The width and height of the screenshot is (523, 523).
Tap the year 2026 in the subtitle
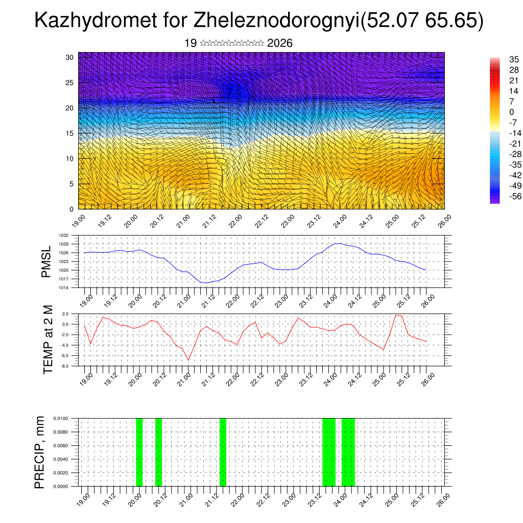(280, 43)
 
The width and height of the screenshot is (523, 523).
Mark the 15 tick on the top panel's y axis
(70, 133)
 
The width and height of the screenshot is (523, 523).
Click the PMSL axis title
(46, 262)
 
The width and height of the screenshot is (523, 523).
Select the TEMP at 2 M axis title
(48, 340)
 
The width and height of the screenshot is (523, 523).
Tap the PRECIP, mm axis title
(40, 452)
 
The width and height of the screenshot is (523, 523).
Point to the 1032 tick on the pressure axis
(63, 235)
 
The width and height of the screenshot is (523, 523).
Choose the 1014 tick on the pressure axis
(63, 288)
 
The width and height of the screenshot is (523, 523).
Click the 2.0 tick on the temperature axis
(65, 314)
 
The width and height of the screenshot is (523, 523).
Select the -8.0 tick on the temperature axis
(64, 366)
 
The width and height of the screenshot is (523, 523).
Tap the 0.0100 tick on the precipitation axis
(60, 418)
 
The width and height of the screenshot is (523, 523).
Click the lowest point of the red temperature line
(188, 360)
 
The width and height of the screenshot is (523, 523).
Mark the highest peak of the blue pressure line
(338, 244)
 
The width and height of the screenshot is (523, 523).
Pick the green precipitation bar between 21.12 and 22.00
(223, 452)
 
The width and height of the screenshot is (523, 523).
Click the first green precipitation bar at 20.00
(139, 452)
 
